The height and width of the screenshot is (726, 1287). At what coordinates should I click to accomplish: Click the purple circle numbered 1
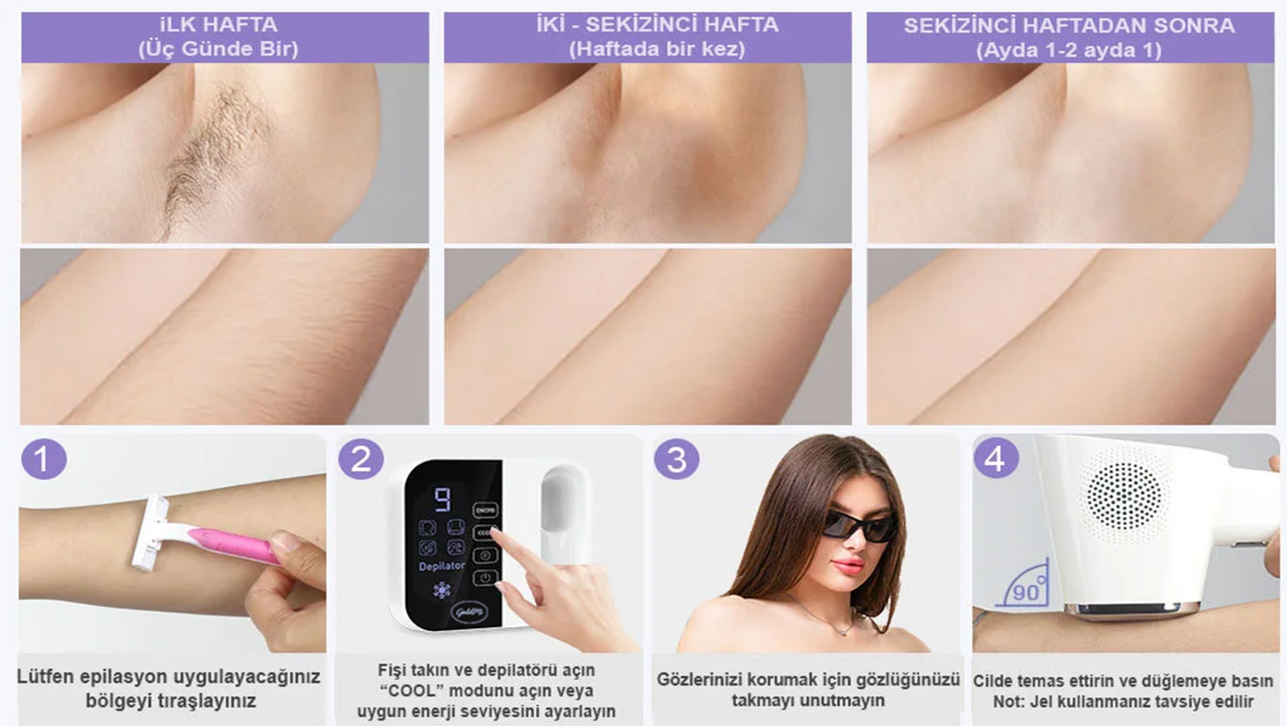pyautogui.click(x=43, y=459)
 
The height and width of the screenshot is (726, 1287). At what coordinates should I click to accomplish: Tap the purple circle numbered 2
pyautogui.click(x=361, y=459)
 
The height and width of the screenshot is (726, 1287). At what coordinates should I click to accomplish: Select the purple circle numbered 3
pyautogui.click(x=676, y=459)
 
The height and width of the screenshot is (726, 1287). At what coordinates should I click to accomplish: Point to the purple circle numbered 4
pyautogui.click(x=996, y=457)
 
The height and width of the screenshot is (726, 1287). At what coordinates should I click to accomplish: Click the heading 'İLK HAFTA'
pyautogui.click(x=218, y=25)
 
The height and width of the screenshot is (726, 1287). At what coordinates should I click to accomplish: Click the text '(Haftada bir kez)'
pyautogui.click(x=656, y=49)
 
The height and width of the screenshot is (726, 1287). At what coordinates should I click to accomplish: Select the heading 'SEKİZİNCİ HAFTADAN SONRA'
pyautogui.click(x=1069, y=26)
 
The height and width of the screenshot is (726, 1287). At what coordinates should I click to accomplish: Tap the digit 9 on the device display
pyautogui.click(x=442, y=498)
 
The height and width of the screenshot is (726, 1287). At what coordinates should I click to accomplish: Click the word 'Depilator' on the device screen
pyautogui.click(x=442, y=566)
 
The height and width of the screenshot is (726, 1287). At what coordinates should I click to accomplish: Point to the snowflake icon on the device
pyautogui.click(x=442, y=590)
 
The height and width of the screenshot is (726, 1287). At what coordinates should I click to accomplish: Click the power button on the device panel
pyautogui.click(x=485, y=577)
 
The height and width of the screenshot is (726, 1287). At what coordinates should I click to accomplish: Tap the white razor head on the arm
pyautogui.click(x=151, y=532)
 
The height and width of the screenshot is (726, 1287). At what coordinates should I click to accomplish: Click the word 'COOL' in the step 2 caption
pyautogui.click(x=401, y=690)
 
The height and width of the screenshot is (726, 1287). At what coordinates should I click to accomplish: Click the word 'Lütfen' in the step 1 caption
pyautogui.click(x=45, y=677)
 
